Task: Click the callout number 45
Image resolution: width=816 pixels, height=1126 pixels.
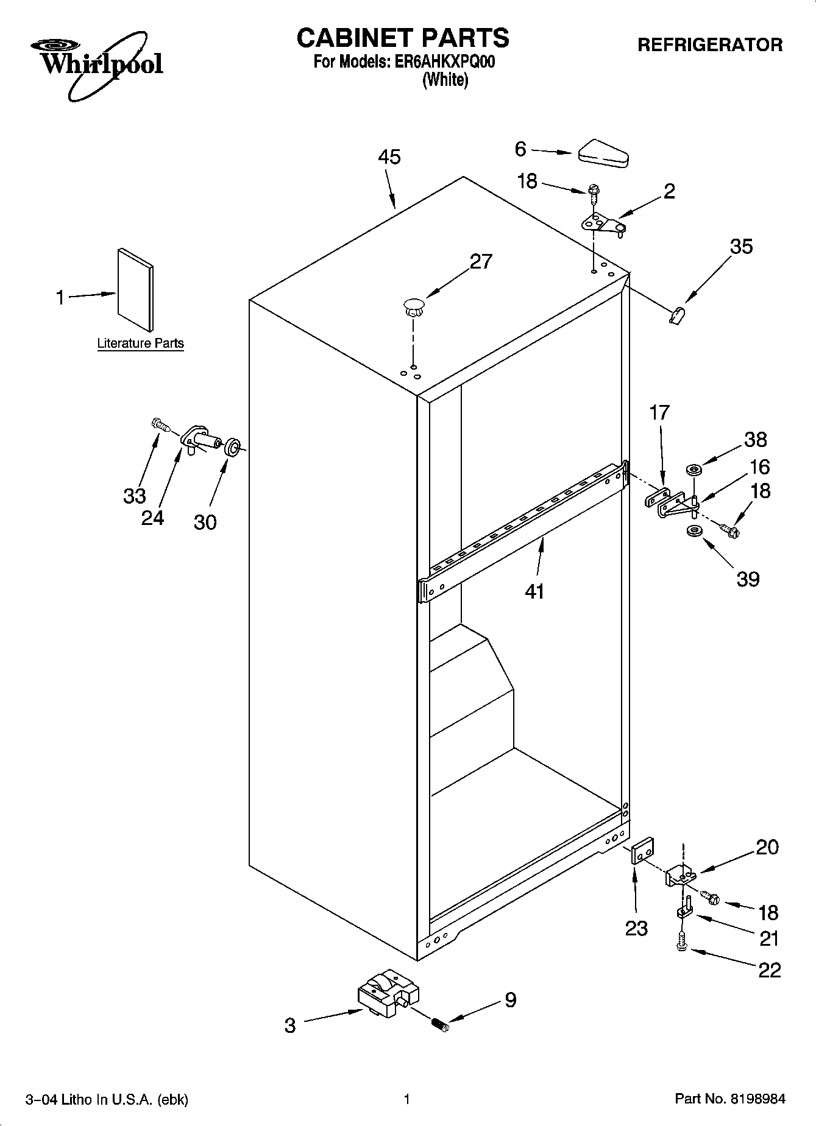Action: pyautogui.click(x=389, y=157)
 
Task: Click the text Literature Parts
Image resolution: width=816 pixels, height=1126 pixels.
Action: pyautogui.click(x=140, y=343)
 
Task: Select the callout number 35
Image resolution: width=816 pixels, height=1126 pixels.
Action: pyautogui.click(x=741, y=247)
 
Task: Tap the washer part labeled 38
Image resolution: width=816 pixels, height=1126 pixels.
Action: pyautogui.click(x=694, y=470)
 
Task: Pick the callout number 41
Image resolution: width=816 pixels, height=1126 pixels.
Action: pyautogui.click(x=534, y=591)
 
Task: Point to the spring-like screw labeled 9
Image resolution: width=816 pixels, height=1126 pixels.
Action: pyautogui.click(x=439, y=1025)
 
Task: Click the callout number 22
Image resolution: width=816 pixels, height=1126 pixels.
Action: pyautogui.click(x=769, y=969)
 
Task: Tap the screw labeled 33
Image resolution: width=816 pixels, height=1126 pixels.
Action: pyautogui.click(x=160, y=424)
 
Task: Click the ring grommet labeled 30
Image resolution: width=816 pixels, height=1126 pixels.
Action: pyautogui.click(x=232, y=448)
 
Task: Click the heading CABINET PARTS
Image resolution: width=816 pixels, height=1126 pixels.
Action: pyautogui.click(x=403, y=38)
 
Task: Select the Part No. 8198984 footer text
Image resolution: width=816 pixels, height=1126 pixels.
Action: pyautogui.click(x=729, y=1099)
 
